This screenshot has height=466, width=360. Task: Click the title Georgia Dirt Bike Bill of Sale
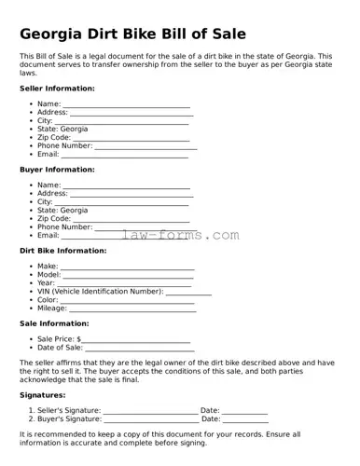tap(132, 34)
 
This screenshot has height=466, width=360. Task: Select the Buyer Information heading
tap(57, 170)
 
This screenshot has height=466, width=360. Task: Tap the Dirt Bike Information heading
tap(63, 251)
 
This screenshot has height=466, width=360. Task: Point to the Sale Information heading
tap(54, 323)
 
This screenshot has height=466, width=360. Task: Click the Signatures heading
tap(42, 395)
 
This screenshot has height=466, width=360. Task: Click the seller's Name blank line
tap(127, 104)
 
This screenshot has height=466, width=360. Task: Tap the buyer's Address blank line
tap(132, 194)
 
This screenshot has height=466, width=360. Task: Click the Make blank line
tap(128, 267)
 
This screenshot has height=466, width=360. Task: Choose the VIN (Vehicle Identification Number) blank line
tap(188, 292)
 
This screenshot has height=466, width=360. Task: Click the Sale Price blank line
tap(136, 339)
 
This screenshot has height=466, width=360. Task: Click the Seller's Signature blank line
tap(150, 411)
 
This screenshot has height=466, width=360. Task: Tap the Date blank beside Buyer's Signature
tap(246, 419)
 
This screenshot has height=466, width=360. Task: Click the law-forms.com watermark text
tap(181, 236)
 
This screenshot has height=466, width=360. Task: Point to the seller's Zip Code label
tap(53, 138)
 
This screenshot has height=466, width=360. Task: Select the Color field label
tap(48, 300)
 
